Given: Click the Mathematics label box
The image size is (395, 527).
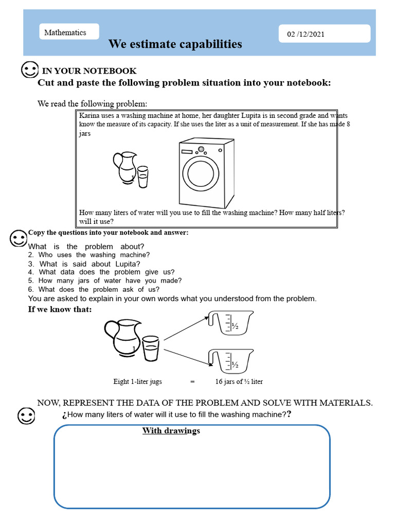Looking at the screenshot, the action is [69, 31].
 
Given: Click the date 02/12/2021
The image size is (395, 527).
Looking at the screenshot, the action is [306, 34].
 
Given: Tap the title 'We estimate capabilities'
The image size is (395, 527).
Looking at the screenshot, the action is [175, 44].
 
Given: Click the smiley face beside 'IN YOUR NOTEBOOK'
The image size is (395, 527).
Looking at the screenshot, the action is [29, 69].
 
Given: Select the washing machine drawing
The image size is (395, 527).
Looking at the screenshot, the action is [207, 173].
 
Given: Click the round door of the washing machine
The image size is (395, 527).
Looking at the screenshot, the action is [201, 174].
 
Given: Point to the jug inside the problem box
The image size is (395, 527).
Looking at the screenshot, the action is [125, 168].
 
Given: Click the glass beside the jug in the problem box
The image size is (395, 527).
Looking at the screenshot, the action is [143, 177].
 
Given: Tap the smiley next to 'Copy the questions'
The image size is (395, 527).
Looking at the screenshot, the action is [19, 239].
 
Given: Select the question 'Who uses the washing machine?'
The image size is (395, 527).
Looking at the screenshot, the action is [94, 255].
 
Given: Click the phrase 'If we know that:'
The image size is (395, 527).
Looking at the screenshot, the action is [60, 309].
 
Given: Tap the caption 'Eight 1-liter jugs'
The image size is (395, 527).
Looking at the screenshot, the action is [138, 381].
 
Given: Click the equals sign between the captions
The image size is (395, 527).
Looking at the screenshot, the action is [192, 382].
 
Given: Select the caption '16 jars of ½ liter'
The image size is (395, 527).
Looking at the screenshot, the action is [239, 381].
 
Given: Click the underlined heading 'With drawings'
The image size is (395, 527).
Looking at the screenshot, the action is [171, 431].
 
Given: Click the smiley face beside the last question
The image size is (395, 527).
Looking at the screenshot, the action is [26, 416].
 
